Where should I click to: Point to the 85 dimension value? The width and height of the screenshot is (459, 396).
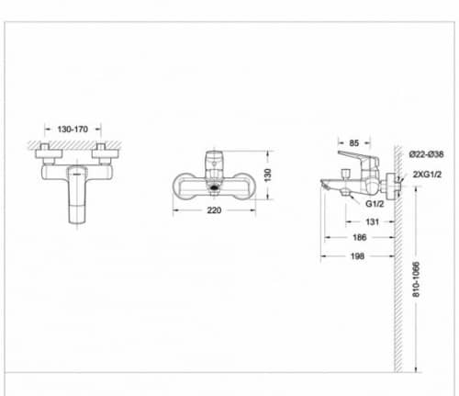point(353,142)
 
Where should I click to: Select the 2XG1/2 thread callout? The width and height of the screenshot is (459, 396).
point(429,174)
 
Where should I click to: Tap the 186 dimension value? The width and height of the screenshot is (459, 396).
point(363,238)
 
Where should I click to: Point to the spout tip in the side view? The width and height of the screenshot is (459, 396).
point(325,183)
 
